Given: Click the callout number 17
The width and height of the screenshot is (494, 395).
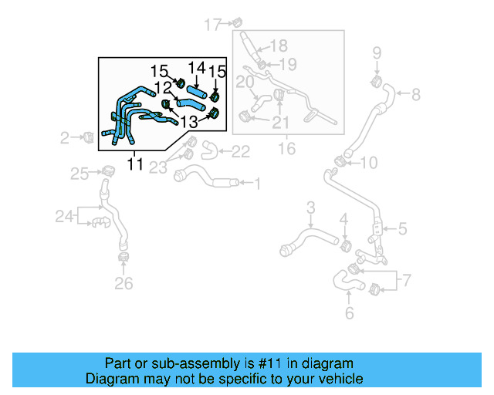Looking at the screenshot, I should tap(212, 25).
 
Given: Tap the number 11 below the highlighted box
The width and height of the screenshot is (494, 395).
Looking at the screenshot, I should tap(135, 164).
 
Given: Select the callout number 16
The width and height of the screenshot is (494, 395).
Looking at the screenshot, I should tap(286, 147).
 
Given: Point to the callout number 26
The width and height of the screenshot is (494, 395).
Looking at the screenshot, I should tap(123, 284).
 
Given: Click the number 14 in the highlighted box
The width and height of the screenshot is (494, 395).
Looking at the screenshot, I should tap(197, 69).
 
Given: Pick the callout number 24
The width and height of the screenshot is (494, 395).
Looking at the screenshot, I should tap(64, 218).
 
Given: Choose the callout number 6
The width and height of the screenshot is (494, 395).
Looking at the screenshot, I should tap(349, 313).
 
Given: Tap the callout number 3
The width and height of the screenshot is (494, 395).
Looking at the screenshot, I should tap(311, 207).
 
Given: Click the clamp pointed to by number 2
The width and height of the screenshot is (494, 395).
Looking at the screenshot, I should tap(88, 138).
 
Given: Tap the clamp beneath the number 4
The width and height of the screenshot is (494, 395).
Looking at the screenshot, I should tap(345, 245).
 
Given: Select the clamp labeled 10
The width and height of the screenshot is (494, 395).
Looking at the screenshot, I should tap(340, 161).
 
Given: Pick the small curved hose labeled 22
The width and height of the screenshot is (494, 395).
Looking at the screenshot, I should tap(207, 148).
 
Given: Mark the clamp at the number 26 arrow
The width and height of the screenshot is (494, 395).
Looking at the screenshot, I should tap(122, 256).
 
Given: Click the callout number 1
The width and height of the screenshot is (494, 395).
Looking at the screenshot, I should tap(258, 184).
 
